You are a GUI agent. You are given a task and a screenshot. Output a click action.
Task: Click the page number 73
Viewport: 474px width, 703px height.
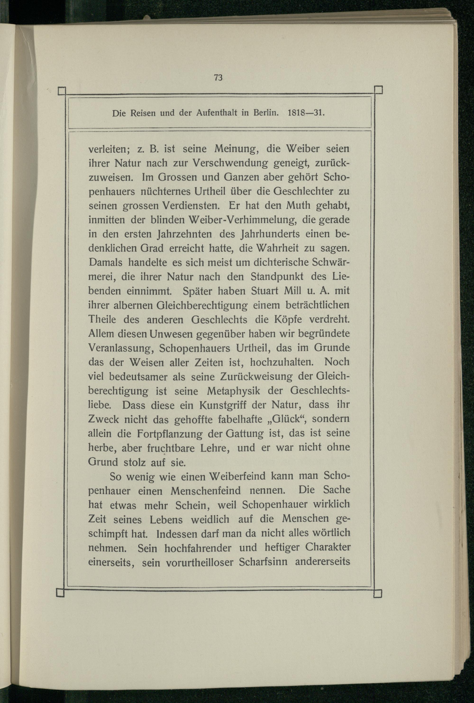pyautogui.click(x=218, y=78)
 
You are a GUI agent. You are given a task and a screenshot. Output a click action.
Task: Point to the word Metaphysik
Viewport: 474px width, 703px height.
pyautogui.click(x=233, y=391)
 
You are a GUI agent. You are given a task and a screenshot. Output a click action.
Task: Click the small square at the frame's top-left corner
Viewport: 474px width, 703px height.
pyautogui.click(x=62, y=91)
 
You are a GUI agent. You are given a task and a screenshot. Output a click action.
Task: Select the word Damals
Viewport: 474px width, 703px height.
pyautogui.click(x=105, y=262)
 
